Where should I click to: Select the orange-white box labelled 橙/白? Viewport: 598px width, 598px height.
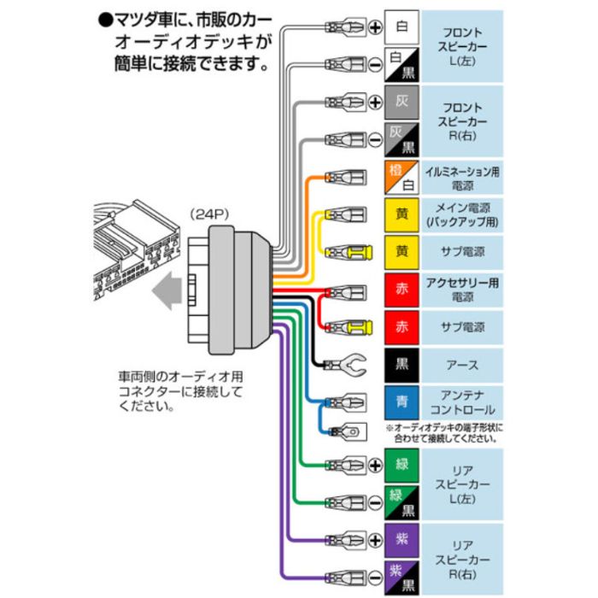tap(402, 177)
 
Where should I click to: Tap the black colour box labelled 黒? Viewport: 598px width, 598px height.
tap(402, 365)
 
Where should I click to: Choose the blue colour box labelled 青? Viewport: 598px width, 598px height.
tap(402, 402)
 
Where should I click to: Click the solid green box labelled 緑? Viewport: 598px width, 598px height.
tap(402, 466)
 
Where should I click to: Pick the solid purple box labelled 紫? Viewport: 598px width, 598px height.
tap(402, 540)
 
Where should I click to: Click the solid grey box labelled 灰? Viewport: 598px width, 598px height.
tap(402, 102)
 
